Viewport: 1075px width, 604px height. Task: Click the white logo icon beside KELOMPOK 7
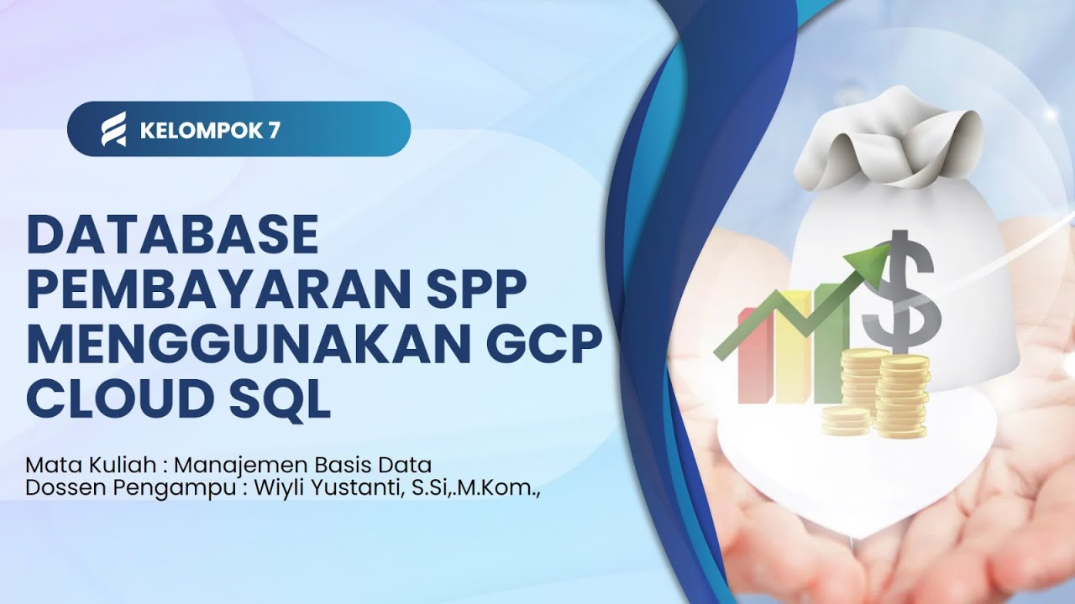click(x=113, y=129)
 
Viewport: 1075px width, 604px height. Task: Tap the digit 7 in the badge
click(x=275, y=130)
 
